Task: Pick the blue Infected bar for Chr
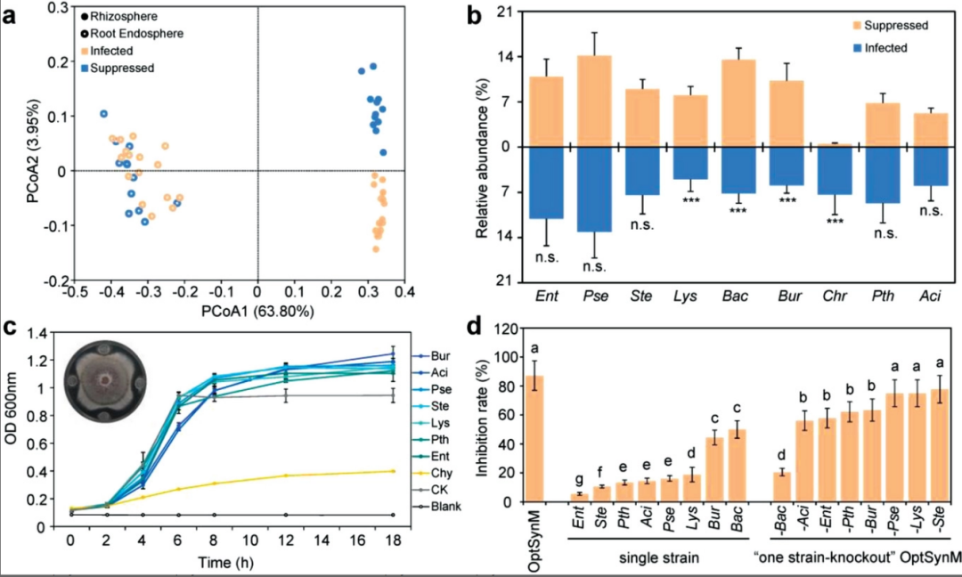(x=835, y=171)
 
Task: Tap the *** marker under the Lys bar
(x=691, y=199)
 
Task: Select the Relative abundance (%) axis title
(x=480, y=147)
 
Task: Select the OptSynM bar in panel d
(x=537, y=439)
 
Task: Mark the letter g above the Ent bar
(x=579, y=480)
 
